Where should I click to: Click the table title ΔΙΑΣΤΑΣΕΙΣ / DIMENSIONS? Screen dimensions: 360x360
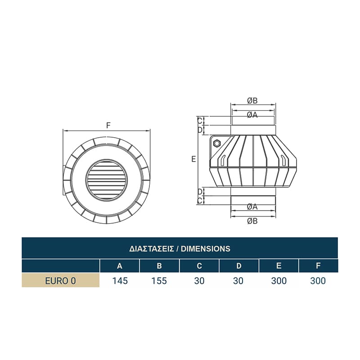(180, 249)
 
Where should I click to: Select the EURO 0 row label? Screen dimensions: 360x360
(60, 281)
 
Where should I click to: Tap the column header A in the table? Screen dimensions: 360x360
(120, 266)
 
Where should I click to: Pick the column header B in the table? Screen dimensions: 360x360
(159, 266)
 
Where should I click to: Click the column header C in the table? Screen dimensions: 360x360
(199, 266)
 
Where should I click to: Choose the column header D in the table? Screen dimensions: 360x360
(239, 266)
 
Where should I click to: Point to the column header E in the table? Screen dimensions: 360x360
(279, 266)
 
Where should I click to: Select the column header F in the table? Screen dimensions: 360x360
(318, 266)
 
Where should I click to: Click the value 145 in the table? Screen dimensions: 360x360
(120, 281)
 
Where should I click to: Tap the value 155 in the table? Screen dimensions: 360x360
(159, 281)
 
